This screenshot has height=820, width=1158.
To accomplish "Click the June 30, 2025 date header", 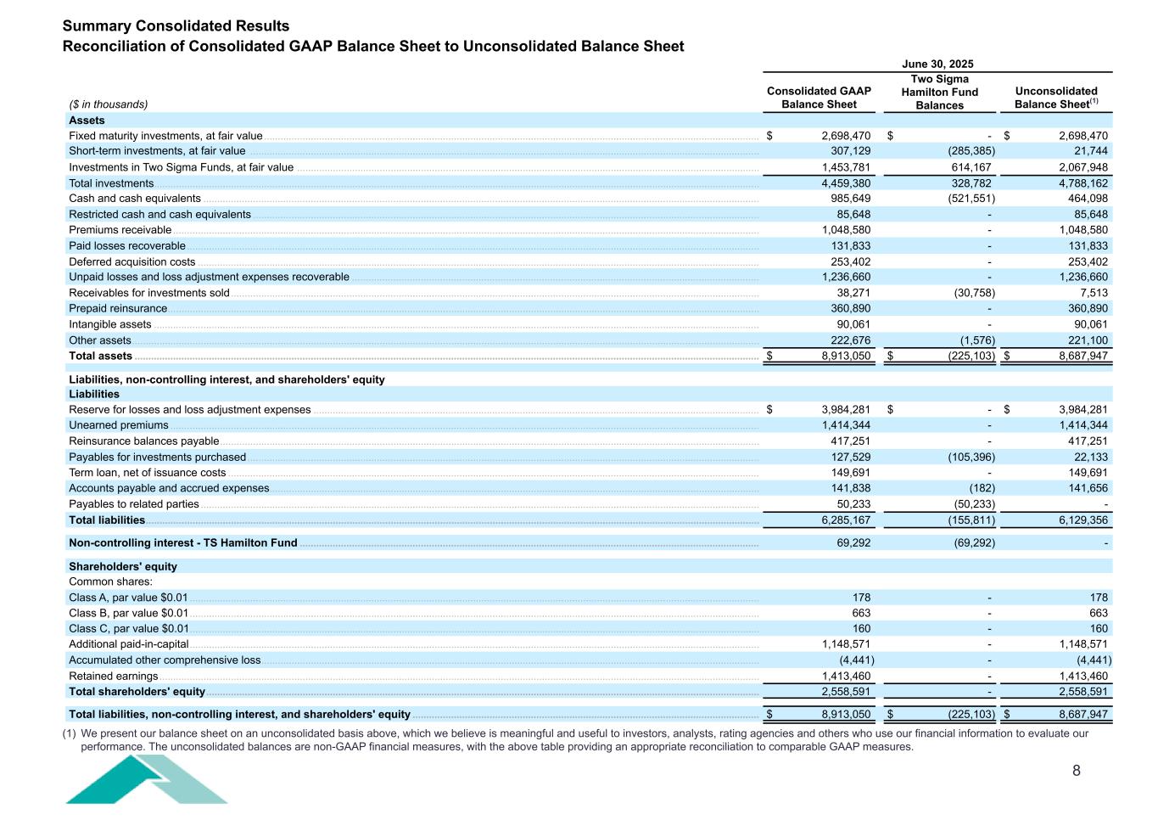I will (937, 64).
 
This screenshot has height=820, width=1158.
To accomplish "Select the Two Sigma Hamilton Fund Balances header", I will (939, 92).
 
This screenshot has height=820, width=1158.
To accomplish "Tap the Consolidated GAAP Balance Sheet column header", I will (819, 98).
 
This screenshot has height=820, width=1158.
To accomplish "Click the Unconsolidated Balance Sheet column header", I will (1055, 98).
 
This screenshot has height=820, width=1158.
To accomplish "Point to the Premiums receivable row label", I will (120, 230).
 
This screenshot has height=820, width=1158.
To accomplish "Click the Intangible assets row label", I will (109, 324).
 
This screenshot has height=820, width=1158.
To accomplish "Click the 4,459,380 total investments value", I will (846, 183).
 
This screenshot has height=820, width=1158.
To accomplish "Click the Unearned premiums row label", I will (118, 425).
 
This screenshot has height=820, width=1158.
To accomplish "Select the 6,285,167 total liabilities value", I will (846, 520).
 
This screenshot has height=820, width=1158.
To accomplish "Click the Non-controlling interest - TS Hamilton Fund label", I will (182, 543).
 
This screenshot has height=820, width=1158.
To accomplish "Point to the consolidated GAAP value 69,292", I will (853, 543).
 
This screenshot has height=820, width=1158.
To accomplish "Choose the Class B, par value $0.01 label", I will (128, 613).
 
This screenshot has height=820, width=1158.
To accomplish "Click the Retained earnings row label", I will (113, 677).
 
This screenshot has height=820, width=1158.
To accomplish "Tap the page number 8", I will (1077, 771).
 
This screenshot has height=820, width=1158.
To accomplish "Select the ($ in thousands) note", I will (108, 104).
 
